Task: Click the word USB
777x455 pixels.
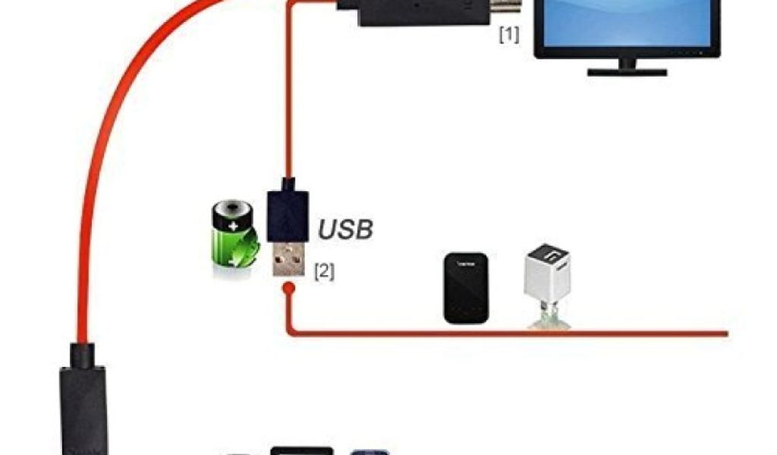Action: coord(345,228)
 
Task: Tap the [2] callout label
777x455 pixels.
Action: coord(324,271)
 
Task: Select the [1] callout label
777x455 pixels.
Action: coord(508,35)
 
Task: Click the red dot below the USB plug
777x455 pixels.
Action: coord(288,289)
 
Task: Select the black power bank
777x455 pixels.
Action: coord(464,288)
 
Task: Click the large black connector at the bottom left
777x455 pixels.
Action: coord(83,402)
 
